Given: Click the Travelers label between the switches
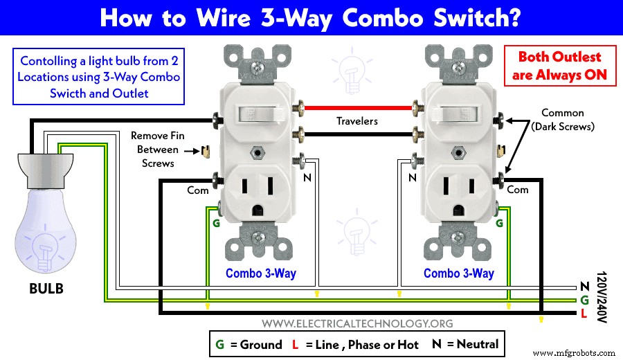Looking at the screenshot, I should tap(356, 120).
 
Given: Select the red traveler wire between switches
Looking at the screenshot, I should tap(356, 108).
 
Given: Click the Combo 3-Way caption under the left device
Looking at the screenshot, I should tap(260, 273).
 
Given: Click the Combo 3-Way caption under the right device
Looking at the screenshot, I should tap(458, 273).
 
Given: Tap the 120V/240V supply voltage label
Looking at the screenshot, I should tap(600, 298).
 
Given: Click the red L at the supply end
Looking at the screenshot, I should tap(584, 314).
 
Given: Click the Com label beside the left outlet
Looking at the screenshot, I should tap(198, 189).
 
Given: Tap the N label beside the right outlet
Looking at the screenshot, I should tap(412, 177).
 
